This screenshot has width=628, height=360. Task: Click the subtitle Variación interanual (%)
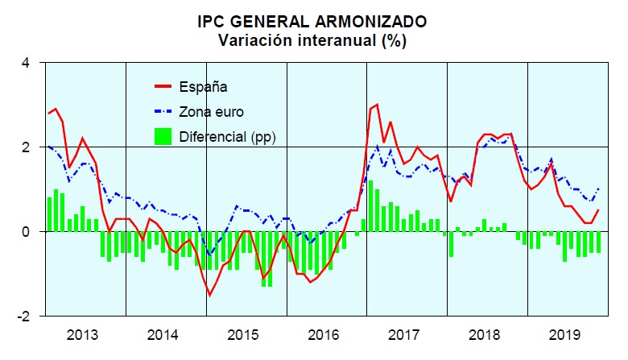click(313, 40)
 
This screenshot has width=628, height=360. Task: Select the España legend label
click(203, 86)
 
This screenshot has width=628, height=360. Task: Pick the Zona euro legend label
click(211, 112)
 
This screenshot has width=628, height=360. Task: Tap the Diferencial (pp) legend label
click(227, 138)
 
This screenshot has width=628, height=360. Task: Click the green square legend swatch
click(163, 137)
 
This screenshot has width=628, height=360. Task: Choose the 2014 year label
click(166, 335)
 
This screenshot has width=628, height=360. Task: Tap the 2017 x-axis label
click(407, 335)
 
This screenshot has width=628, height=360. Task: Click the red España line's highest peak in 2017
click(377, 105)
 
